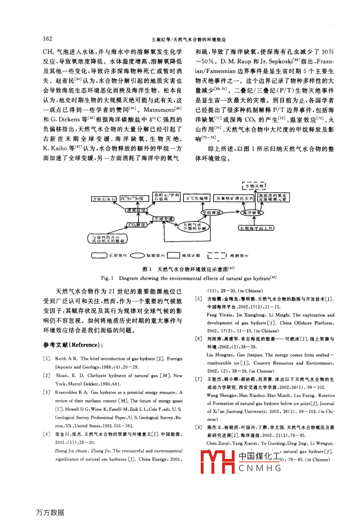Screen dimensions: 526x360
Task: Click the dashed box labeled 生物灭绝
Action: pyautogui.click(x=254, y=186)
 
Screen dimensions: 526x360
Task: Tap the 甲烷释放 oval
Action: pyautogui.click(x=211, y=213)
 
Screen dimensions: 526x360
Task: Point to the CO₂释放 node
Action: pyautogui.click(x=137, y=225)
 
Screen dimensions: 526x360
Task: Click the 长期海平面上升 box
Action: pyautogui.click(x=256, y=228)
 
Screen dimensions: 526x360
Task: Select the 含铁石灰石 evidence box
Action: pyautogui.click(x=103, y=198)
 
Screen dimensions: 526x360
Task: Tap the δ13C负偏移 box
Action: pyautogui.click(x=197, y=198)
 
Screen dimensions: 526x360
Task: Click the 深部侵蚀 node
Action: pyautogui.click(x=137, y=210)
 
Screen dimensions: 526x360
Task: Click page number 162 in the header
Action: pyautogui.click(x=47, y=39)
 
